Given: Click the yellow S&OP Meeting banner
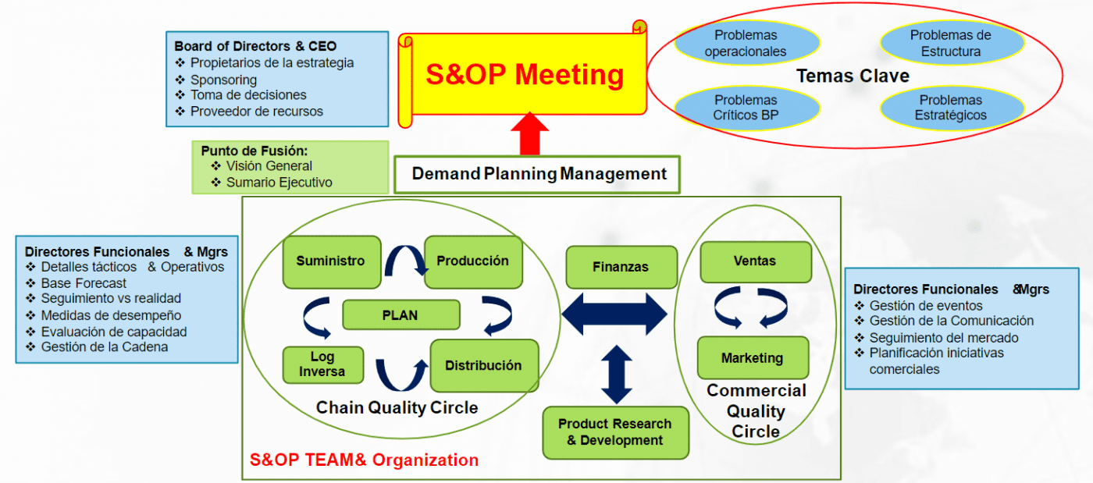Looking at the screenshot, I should point(524,76).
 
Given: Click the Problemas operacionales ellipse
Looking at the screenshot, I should point(746,44).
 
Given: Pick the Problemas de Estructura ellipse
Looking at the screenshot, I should point(950,44).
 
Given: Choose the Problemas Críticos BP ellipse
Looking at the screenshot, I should point(746,108).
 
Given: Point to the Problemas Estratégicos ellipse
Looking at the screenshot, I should point(950,108).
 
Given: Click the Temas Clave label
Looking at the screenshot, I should point(853,76).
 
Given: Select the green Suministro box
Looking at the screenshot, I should point(331,261).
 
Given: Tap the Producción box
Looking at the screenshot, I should point(472,261).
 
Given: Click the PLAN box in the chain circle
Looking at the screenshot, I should point(401,315).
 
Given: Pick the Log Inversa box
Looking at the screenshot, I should point(322,364).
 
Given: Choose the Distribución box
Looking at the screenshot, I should point(483,365).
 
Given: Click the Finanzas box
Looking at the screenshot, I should point(621,267).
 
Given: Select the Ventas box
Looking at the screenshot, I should point(754,261).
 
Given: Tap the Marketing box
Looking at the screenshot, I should point(752,358).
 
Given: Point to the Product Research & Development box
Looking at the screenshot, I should point(615,432).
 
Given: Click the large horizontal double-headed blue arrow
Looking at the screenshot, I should point(614,314).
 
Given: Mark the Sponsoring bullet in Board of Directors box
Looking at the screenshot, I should point(223,80).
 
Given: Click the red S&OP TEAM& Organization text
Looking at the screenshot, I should point(364,460).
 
